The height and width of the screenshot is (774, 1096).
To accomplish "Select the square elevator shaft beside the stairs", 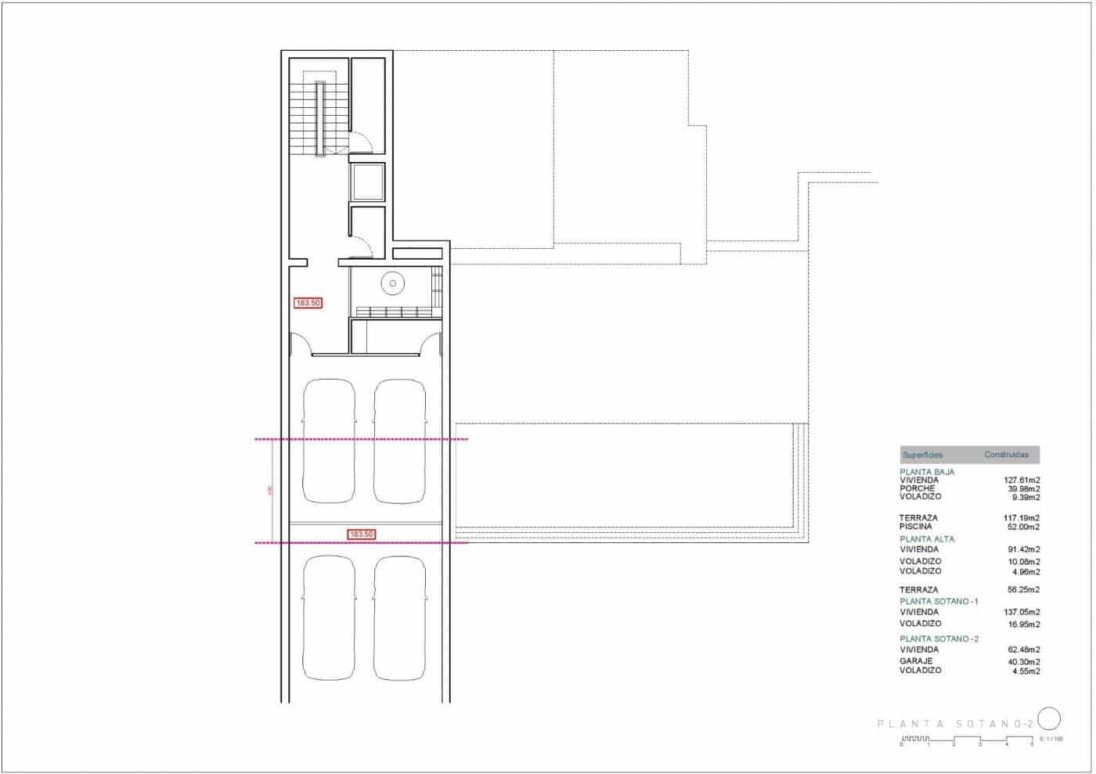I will click(x=367, y=182).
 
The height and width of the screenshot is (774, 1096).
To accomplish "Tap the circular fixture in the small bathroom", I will click(x=392, y=283).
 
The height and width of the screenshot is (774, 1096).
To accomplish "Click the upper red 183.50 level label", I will click(x=308, y=303).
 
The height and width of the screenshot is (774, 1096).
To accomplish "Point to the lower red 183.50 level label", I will click(x=361, y=535).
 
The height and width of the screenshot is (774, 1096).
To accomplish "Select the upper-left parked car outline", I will click(x=329, y=441).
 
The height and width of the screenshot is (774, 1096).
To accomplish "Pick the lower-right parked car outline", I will click(x=401, y=617).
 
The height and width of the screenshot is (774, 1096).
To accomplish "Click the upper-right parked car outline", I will click(x=401, y=441).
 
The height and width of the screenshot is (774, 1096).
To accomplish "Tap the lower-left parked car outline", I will click(x=329, y=617).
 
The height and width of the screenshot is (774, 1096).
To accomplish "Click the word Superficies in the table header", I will click(x=922, y=455).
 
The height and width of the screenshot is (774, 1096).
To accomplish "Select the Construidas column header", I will click(x=1006, y=455).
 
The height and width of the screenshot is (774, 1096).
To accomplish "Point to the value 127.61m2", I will click(x=1022, y=481).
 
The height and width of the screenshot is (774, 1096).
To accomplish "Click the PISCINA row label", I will click(x=917, y=527).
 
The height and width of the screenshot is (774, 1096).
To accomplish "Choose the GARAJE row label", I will click(x=916, y=661).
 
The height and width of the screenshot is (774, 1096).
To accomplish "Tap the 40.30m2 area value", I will click(x=1023, y=661).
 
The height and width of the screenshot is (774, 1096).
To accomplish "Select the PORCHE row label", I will click(x=917, y=488).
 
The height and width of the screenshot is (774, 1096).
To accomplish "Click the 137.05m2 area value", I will click(x=1022, y=612).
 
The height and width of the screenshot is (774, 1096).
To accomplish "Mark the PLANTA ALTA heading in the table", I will click(x=927, y=539).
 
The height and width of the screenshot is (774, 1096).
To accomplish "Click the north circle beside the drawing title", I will click(x=1049, y=718).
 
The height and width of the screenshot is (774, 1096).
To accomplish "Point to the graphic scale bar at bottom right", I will click(x=966, y=740).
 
